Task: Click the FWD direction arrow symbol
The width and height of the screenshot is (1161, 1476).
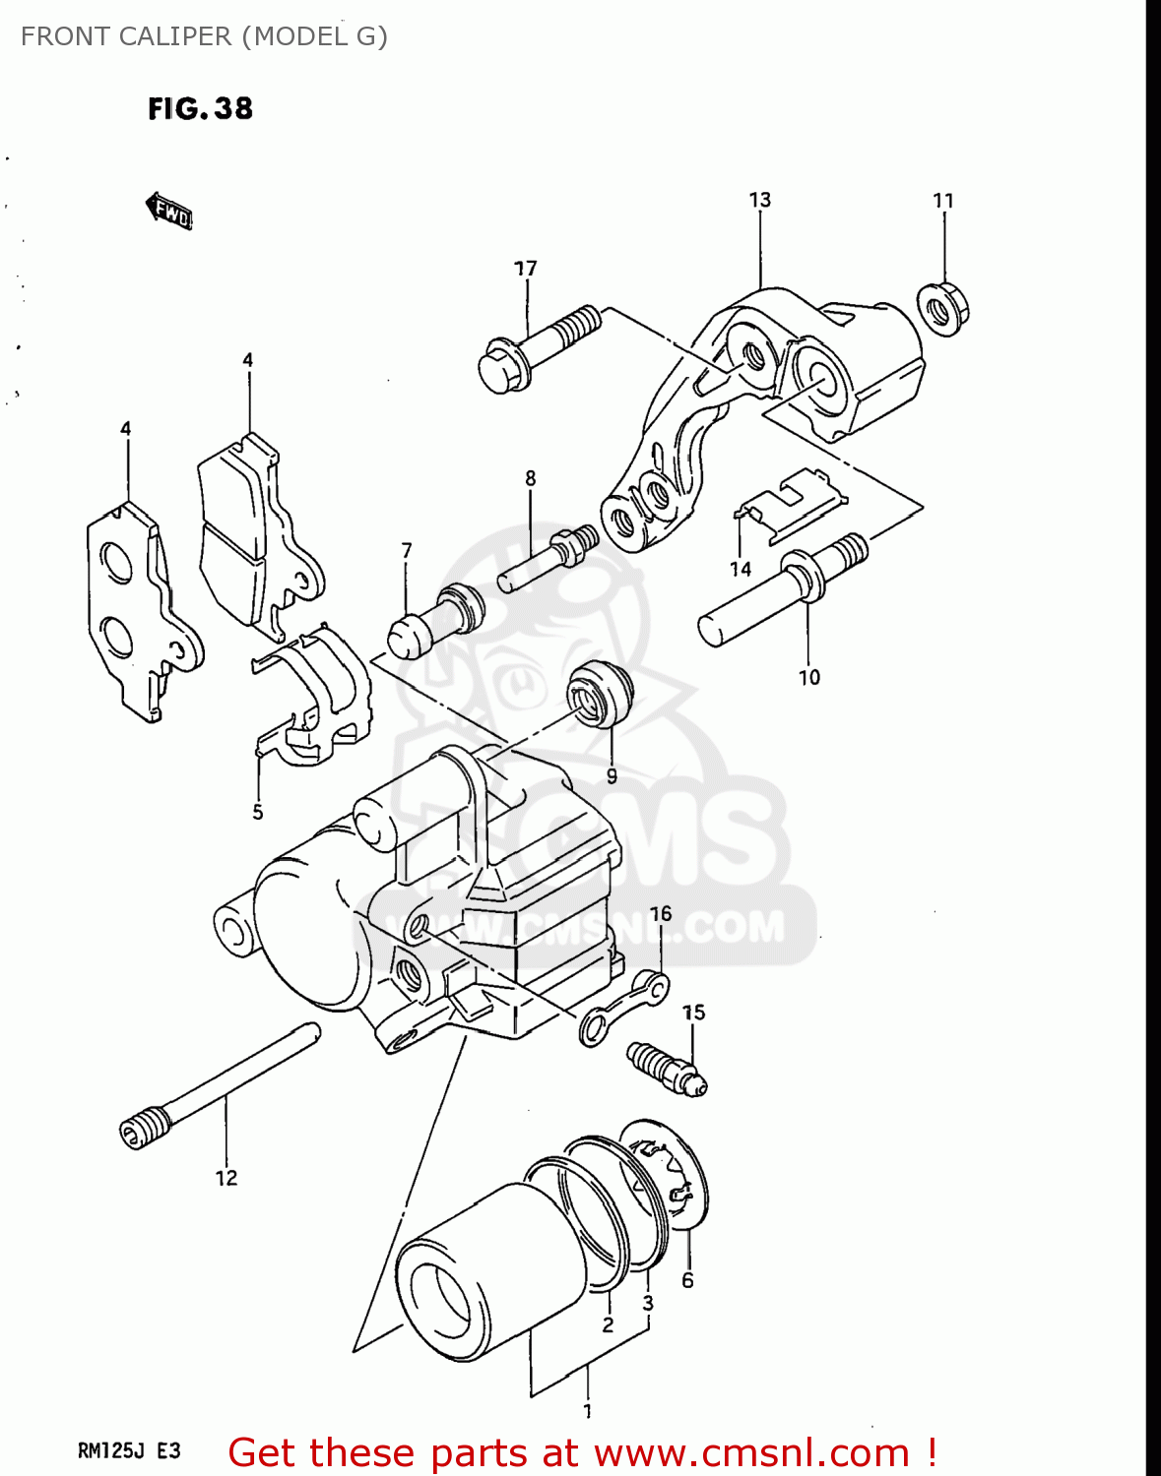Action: [x=169, y=211]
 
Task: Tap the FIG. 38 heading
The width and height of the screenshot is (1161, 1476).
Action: [x=200, y=108]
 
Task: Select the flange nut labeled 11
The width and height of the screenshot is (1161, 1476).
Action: [x=943, y=308]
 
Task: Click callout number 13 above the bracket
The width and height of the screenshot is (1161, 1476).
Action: [x=759, y=201]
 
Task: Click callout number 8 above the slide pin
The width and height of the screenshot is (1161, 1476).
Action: [x=530, y=479]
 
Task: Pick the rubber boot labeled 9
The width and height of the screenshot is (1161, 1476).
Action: [x=601, y=695]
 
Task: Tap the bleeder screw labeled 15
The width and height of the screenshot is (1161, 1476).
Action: [x=668, y=1069]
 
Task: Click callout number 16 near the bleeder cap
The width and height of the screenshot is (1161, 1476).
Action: [x=661, y=914]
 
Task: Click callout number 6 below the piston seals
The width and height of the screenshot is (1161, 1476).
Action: [x=687, y=1280]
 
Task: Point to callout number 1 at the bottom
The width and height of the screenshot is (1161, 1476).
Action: [x=588, y=1411]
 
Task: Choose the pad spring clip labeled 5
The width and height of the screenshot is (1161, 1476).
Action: [x=313, y=695]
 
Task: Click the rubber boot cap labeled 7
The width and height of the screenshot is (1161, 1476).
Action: [x=433, y=621]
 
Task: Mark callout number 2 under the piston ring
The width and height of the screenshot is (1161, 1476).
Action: [x=608, y=1325]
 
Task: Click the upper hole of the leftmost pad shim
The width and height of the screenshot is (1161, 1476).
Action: [x=115, y=562]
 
